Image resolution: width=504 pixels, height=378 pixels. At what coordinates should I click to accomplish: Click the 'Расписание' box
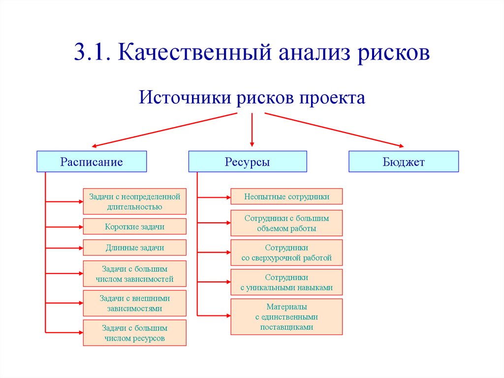(x=92, y=162)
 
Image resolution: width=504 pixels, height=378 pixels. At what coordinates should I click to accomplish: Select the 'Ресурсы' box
(x=248, y=162)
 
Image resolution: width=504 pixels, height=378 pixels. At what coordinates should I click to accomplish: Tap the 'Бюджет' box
(x=404, y=162)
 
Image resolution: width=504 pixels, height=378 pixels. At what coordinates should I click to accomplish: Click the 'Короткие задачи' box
(x=135, y=227)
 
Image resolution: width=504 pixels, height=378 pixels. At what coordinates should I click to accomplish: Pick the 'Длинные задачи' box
(x=135, y=247)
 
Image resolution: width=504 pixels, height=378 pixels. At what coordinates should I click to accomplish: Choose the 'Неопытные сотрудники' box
(x=286, y=197)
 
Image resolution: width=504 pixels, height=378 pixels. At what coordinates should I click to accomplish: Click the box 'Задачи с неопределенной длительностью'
(x=135, y=202)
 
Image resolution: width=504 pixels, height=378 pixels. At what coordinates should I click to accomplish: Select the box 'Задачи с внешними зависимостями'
(x=135, y=303)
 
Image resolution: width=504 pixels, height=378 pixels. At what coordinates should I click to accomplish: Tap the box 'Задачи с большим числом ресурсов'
(x=135, y=333)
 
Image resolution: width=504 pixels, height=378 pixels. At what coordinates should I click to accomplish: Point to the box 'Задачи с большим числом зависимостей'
(x=135, y=274)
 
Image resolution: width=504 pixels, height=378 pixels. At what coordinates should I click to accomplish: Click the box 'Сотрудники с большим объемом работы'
(x=286, y=223)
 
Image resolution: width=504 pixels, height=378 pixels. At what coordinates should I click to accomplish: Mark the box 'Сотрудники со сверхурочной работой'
(x=286, y=252)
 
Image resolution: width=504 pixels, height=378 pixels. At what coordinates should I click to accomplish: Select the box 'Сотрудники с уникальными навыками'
(x=286, y=282)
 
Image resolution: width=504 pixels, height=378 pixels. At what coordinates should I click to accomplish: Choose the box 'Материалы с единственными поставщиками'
(x=286, y=316)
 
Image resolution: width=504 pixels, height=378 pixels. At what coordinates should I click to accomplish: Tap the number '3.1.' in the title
(x=92, y=53)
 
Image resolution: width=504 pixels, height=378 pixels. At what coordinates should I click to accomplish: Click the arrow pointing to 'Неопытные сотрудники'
(x=214, y=197)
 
